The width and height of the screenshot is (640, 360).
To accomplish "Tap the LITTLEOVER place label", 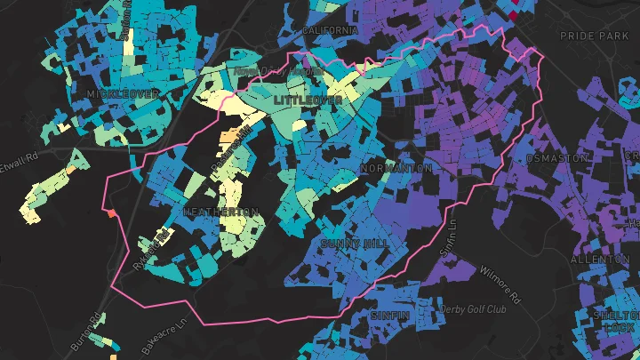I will (x=308, y=101).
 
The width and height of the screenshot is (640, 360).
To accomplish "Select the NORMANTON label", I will (x=396, y=168).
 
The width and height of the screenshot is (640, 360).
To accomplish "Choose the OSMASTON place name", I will (x=558, y=157).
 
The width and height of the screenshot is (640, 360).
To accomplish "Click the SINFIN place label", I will (x=390, y=315).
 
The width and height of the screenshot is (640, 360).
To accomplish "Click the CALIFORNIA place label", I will (x=330, y=30).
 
